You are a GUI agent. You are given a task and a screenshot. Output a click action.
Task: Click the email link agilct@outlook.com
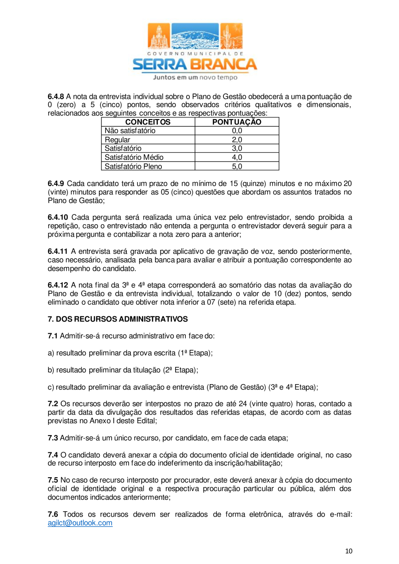(x=80, y=523)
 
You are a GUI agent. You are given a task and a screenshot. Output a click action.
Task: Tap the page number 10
(x=349, y=551)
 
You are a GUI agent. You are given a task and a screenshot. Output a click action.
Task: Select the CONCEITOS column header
(x=148, y=122)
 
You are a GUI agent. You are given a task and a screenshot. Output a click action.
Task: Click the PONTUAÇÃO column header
(x=237, y=122)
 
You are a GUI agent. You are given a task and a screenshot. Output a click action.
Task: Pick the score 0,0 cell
(x=237, y=131)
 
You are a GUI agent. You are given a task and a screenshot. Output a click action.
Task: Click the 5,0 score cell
(x=237, y=167)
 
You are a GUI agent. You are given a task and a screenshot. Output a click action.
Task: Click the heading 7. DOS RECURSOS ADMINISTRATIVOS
(x=117, y=319)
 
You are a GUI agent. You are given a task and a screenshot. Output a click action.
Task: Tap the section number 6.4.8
(x=56, y=96)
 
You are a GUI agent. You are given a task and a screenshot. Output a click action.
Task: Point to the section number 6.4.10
(x=58, y=217)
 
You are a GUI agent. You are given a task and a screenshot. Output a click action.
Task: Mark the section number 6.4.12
(x=58, y=285)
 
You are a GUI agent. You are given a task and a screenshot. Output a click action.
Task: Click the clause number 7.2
(x=53, y=404)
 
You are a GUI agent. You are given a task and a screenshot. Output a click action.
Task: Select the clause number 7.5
(x=53, y=480)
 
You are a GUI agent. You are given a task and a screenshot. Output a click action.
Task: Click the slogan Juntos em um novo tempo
(x=195, y=77)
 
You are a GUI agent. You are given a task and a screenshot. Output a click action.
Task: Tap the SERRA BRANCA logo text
(x=195, y=64)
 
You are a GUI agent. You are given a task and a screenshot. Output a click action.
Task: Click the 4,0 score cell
(x=237, y=157)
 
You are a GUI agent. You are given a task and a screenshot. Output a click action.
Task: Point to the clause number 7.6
(x=53, y=514)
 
